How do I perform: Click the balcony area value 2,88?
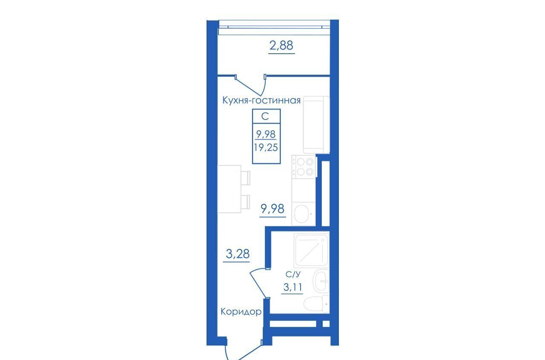pyautogui.click(x=281, y=46)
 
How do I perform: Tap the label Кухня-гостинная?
pyautogui.click(x=261, y=100)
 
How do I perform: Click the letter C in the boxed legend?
pyautogui.click(x=265, y=116)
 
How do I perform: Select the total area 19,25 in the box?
pyautogui.click(x=266, y=147)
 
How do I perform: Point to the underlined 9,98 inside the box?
pyautogui.click(x=266, y=134)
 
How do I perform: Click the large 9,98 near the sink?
pyautogui.click(x=272, y=209)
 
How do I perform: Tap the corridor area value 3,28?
pyautogui.click(x=238, y=254)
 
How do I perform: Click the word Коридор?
pyautogui.click(x=241, y=311)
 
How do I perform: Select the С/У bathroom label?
pyautogui.click(x=293, y=274)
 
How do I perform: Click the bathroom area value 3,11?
pyautogui.click(x=293, y=287)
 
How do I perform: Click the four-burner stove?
pyautogui.click(x=304, y=167)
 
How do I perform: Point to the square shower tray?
pyautogui.click(x=311, y=251)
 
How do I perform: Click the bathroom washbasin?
pyautogui.click(x=321, y=281)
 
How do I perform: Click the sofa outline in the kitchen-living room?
pyautogui.click(x=316, y=125)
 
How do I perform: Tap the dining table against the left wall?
pyautogui.click(x=229, y=189)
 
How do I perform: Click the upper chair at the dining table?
pyautogui.click(x=245, y=178)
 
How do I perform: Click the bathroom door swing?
pyautogui.click(x=258, y=282)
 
